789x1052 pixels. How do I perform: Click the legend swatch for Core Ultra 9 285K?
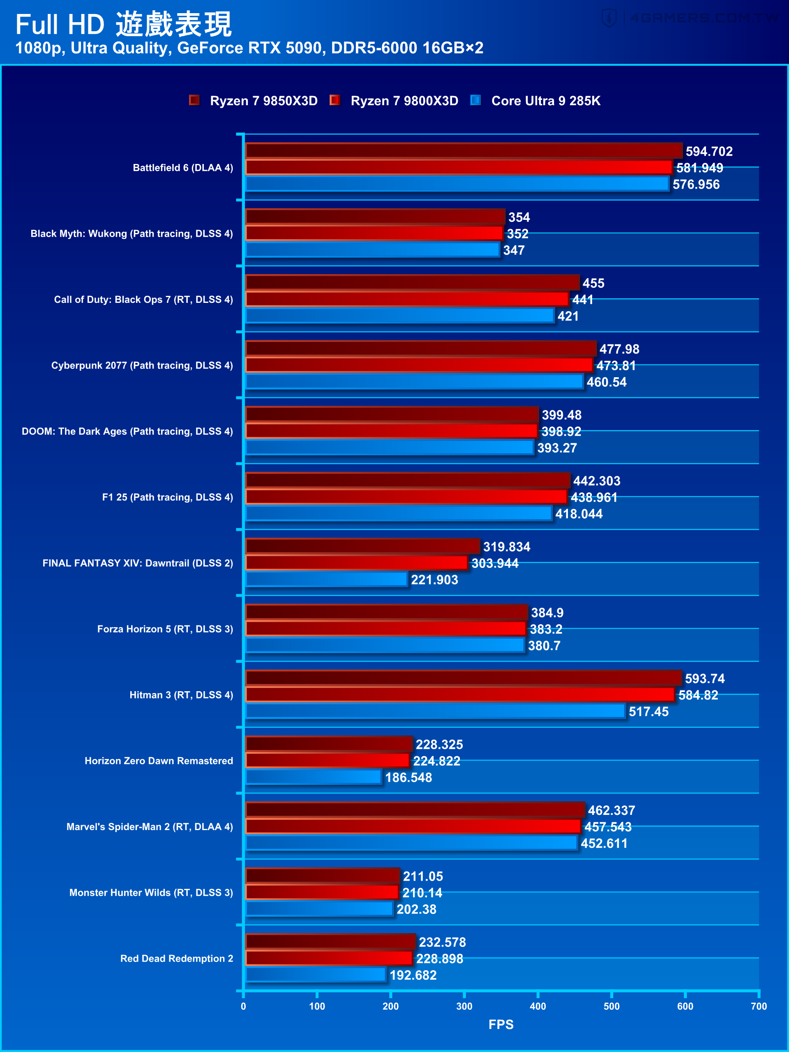(475, 100)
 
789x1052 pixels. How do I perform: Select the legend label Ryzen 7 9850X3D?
(263, 101)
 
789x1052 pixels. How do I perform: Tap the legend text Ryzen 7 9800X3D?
(404, 101)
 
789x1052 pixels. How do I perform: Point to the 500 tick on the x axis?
(611, 1006)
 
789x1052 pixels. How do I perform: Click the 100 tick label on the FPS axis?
(317, 1006)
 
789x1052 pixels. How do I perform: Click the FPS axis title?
(501, 1024)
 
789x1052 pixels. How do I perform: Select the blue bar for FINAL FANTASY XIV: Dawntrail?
(326, 579)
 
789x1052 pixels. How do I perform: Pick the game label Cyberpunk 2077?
(142, 365)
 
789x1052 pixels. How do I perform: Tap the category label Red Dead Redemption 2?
(176, 958)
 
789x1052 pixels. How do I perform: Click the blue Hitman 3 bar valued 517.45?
(435, 711)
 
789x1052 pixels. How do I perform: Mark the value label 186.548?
(408, 777)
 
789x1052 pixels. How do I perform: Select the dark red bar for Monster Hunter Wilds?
(322, 876)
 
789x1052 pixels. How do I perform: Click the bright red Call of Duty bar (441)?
(407, 299)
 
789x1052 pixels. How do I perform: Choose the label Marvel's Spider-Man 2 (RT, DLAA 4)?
(149, 826)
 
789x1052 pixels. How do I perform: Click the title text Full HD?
(60, 25)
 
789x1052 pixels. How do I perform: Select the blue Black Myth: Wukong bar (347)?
(372, 250)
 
